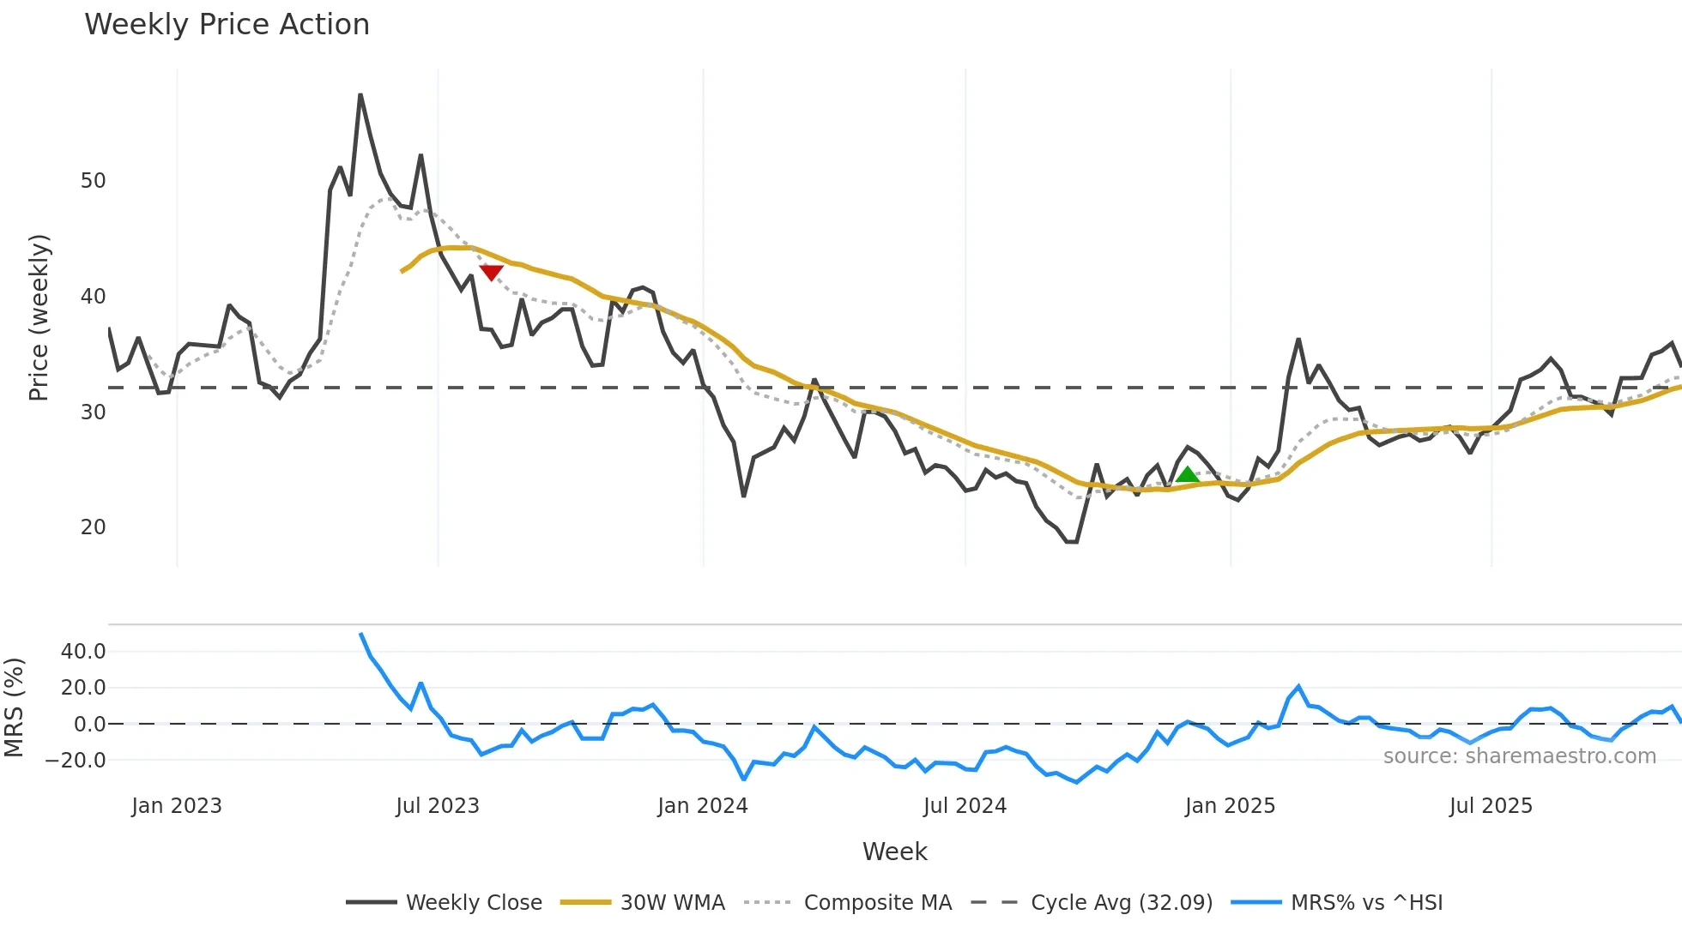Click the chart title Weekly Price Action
click(x=227, y=25)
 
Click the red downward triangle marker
click(x=491, y=273)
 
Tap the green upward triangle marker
click(x=1187, y=474)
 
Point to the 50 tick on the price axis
click(x=93, y=181)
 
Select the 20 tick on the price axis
click(x=93, y=527)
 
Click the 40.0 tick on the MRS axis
click(x=83, y=652)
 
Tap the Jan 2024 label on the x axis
click(x=703, y=806)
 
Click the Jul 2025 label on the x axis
click(x=1491, y=806)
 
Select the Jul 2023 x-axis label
click(x=438, y=806)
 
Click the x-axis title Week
click(x=894, y=852)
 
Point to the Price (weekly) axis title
click(x=39, y=317)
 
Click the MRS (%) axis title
click(x=14, y=707)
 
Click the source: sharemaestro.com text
click(x=1519, y=756)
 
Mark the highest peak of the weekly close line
click(x=360, y=95)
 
